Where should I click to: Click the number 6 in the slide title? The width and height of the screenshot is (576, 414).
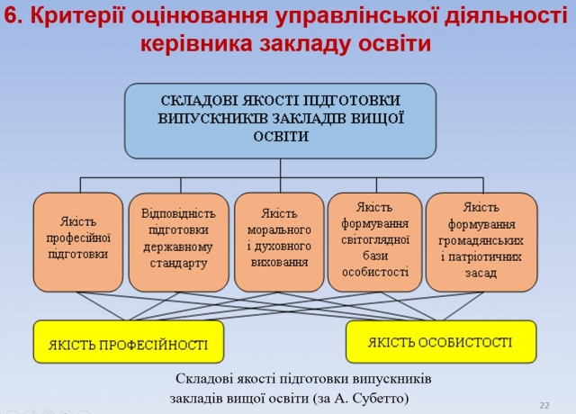[x=12, y=16]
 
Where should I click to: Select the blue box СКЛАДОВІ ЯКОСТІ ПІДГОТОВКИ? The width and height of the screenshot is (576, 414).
[x=280, y=121]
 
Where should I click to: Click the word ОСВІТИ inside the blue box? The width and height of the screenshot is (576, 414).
[x=281, y=137]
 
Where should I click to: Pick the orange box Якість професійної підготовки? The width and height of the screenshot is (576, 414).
[x=78, y=242]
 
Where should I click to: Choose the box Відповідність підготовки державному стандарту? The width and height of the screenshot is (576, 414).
[x=178, y=242]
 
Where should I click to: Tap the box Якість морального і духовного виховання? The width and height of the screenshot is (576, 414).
[x=279, y=242]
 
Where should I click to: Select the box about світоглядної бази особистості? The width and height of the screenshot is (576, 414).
[x=374, y=242]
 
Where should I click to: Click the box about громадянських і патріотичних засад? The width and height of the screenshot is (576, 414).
[x=481, y=242]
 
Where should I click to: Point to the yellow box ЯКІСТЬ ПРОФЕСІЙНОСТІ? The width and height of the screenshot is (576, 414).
[x=129, y=342]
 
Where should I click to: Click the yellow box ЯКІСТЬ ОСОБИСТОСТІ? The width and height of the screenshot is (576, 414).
[x=441, y=342]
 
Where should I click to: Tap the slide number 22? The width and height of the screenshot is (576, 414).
[x=544, y=405]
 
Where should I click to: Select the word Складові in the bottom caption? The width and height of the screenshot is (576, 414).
[x=204, y=379]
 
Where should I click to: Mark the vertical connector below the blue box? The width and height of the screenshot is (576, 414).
[x=280, y=175]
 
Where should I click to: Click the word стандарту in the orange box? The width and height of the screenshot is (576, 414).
[x=178, y=264]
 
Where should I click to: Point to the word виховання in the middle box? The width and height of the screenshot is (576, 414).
[x=279, y=262]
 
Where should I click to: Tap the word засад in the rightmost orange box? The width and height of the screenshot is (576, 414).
[x=481, y=273]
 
